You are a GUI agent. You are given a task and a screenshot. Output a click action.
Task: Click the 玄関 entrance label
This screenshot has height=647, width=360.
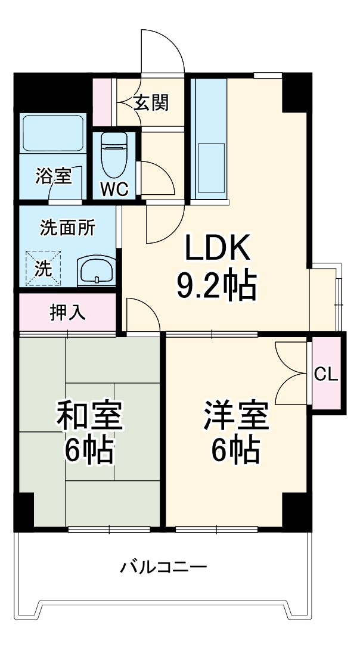click(x=151, y=102)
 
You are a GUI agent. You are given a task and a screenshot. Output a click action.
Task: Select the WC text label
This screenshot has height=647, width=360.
click(x=114, y=189)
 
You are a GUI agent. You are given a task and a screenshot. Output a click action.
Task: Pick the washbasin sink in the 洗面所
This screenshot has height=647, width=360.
click(x=95, y=271)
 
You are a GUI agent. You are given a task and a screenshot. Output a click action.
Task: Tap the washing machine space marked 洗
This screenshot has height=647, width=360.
click(x=43, y=268)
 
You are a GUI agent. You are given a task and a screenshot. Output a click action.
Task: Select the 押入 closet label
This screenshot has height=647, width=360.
click(x=67, y=312)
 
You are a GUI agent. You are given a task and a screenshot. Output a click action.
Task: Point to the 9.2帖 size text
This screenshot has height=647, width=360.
click(x=216, y=285)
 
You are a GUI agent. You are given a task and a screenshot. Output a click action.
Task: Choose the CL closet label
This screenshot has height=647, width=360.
click(x=326, y=374)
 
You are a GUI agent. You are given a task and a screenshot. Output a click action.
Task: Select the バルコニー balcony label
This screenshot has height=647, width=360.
click(x=164, y=567)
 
